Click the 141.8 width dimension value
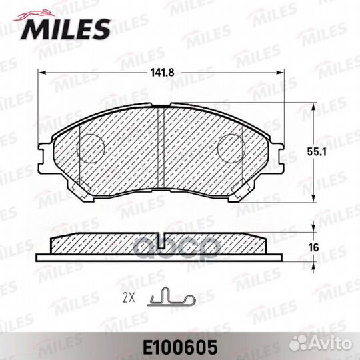[x=162, y=73]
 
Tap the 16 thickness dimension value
[x=313, y=248]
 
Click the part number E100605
[x=180, y=347]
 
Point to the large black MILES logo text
[x=65, y=29]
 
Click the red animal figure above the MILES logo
[x=35, y=15]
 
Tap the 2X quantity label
[x=129, y=299]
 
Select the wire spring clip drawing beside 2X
[x=171, y=297]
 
